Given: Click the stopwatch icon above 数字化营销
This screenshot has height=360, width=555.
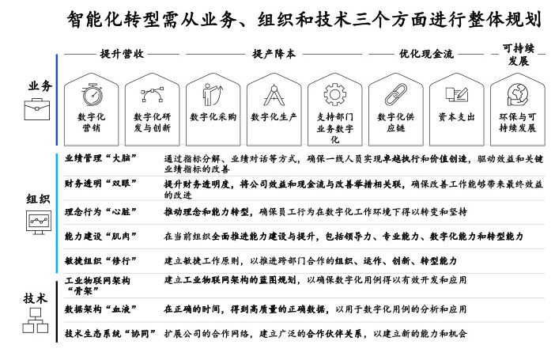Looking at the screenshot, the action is (x=92, y=95).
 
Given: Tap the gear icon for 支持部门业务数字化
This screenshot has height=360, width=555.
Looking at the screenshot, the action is (x=334, y=95).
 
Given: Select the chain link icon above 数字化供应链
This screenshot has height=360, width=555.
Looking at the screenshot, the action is (x=396, y=95).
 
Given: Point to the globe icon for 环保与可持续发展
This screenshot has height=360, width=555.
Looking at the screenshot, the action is (x=518, y=95).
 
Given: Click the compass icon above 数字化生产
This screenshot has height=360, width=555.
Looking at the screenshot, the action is (x=274, y=95).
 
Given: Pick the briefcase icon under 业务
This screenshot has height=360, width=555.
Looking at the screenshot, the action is (x=37, y=109).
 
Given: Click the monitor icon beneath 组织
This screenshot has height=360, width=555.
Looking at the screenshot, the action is (x=39, y=222).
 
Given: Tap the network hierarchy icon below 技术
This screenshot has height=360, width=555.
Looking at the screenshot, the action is (x=36, y=320).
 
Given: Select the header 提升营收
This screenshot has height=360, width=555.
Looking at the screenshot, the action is (x=122, y=54).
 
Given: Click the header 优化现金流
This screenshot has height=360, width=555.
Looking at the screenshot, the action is (x=426, y=54).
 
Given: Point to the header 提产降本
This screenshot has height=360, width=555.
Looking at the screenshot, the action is (x=274, y=54).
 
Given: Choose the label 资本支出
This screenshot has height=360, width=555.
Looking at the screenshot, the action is (x=457, y=117).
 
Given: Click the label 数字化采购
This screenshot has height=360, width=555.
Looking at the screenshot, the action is (x=213, y=117).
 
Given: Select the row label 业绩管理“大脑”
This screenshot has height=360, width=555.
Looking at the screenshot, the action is (x=100, y=158).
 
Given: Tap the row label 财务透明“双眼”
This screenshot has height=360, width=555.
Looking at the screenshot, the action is (x=100, y=184).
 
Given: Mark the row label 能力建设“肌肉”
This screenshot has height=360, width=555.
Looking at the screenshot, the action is (x=100, y=236).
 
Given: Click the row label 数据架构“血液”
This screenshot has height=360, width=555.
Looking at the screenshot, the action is (x=100, y=309).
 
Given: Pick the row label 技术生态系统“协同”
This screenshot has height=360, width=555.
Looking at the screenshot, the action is (x=110, y=333).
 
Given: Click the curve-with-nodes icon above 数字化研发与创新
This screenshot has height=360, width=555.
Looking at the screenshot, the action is (x=153, y=94).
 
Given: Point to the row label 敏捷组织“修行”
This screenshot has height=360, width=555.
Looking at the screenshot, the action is (x=100, y=261).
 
